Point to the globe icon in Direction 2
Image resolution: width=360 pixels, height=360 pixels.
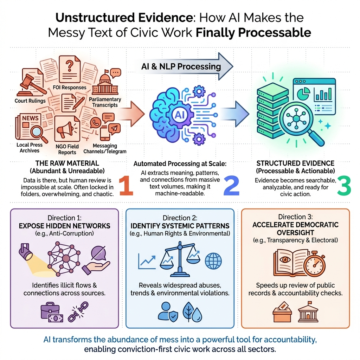click(x=213, y=261)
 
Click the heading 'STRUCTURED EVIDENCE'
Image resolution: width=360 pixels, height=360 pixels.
click(x=295, y=163)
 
